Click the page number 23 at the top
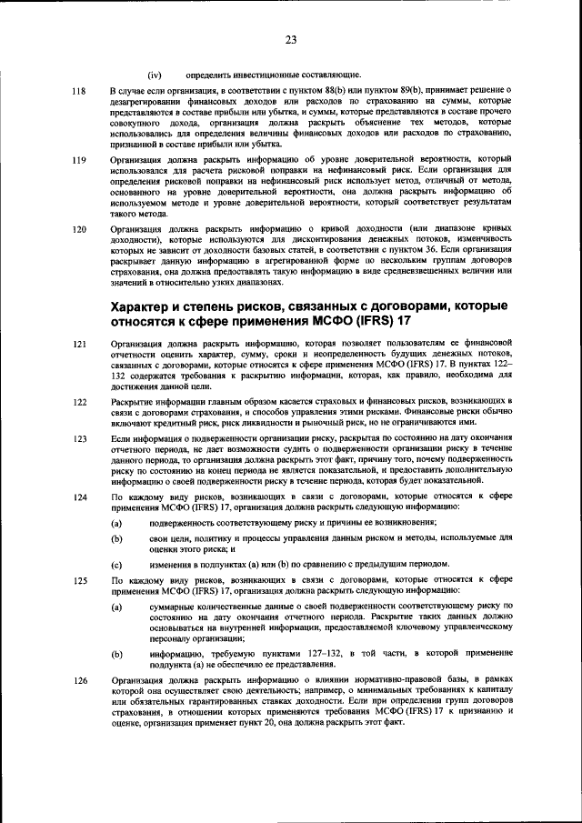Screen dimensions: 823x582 click(291, 39)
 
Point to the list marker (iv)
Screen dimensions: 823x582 click(156, 74)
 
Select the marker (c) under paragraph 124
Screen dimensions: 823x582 click(116, 565)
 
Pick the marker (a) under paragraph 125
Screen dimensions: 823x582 click(116, 605)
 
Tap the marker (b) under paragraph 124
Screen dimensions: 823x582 click(116, 538)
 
